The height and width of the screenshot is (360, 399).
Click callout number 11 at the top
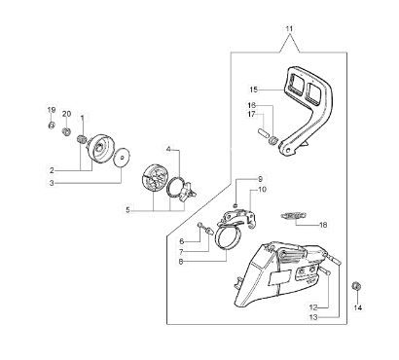pyautogui.click(x=289, y=29)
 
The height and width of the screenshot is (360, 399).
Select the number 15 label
pyautogui.click(x=254, y=90)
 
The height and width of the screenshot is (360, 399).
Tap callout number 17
pyautogui.click(x=252, y=114)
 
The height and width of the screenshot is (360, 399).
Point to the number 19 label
pyautogui.click(x=52, y=110)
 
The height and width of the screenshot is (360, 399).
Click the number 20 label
pyautogui.click(x=66, y=114)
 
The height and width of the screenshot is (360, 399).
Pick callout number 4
pyautogui.click(x=168, y=149)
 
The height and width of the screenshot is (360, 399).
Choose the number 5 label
pyautogui.click(x=128, y=210)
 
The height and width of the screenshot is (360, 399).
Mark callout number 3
pyautogui.click(x=52, y=183)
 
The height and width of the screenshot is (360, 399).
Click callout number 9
pyautogui.click(x=260, y=179)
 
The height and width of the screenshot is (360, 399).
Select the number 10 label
pyautogui.click(x=262, y=189)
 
